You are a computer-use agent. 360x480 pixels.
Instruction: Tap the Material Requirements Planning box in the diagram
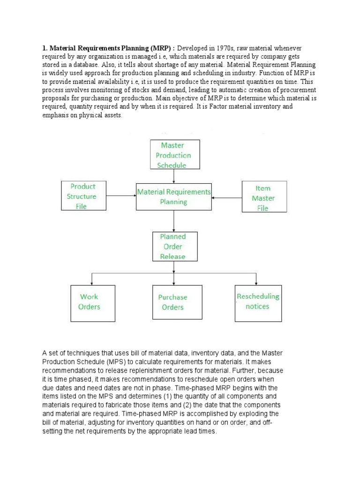pyautogui.click(x=174, y=197)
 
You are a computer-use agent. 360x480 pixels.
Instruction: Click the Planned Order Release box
pyautogui.click(x=172, y=247)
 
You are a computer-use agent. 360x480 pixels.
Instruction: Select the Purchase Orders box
pyautogui.click(x=172, y=302)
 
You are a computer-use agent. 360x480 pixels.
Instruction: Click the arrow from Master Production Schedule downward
pyautogui.click(x=174, y=176)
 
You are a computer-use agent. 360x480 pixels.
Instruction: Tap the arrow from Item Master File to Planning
pyautogui.click(x=226, y=198)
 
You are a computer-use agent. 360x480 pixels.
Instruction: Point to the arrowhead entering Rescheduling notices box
pyautogui.click(x=256, y=283)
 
